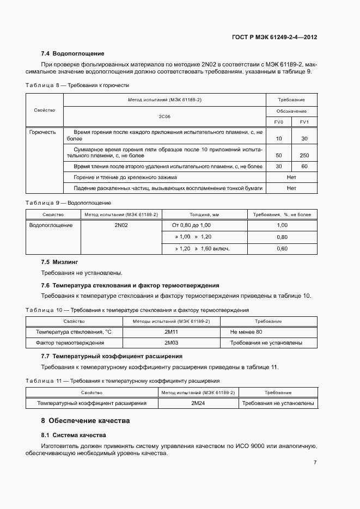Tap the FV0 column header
(278, 122)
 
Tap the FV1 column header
(304, 122)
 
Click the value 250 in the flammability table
(304, 155)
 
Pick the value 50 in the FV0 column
(279, 155)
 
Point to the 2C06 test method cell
(164, 116)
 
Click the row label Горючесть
(42, 132)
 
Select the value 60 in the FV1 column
(304, 166)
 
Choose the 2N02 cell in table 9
(121, 225)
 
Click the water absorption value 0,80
(282, 237)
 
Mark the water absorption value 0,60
(282, 248)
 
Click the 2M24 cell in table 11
(197, 403)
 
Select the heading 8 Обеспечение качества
(86, 421)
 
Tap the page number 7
(315, 462)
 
